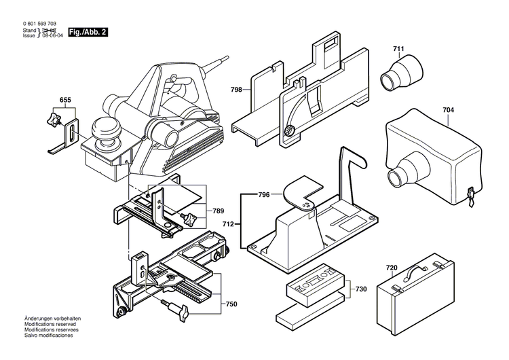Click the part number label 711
[398, 49]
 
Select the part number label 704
[448, 109]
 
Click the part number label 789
[218, 211]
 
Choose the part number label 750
[231, 285]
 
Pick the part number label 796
[264, 195]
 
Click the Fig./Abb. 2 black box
[88, 33]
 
